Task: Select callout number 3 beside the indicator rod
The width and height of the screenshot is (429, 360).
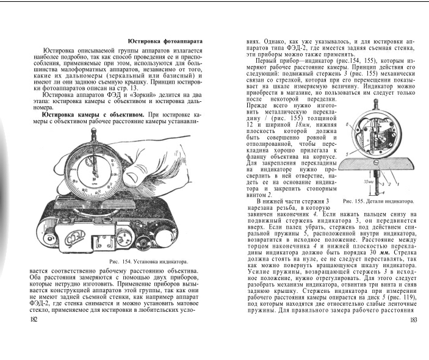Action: [382, 182]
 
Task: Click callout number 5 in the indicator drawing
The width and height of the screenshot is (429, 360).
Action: [347, 155]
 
